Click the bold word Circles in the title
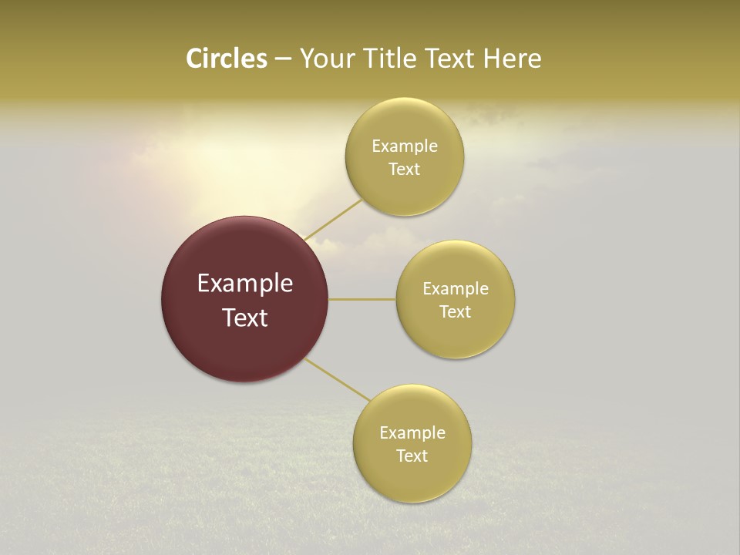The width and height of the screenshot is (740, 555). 226,59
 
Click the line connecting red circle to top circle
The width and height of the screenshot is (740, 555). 333,220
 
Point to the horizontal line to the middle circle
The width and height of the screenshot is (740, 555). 362,299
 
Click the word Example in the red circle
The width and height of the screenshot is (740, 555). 245,284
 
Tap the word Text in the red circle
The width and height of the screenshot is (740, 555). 245,318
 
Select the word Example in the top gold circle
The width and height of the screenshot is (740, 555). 404,146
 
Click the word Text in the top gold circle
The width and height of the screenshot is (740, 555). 404,170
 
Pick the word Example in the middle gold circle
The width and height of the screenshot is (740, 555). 455,289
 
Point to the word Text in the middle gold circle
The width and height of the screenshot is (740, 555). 455,312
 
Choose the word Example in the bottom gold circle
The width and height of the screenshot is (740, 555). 412,433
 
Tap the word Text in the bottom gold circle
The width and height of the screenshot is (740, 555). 412,456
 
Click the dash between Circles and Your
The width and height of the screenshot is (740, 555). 282,59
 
